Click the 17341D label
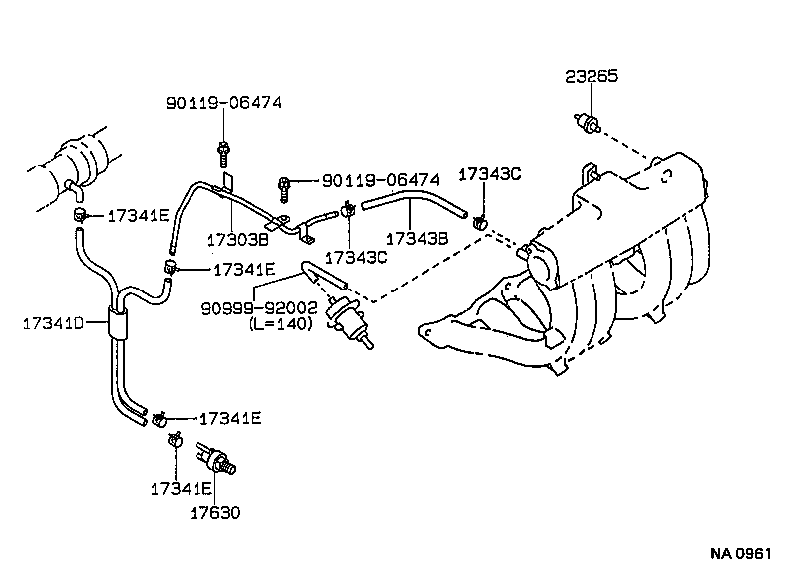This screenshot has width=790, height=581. pos(55,321)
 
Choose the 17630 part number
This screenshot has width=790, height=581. pos(216,514)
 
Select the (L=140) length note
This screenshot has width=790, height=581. pos(281,324)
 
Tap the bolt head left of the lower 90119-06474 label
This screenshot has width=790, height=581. pos(287,183)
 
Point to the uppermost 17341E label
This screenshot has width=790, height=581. pos(139,214)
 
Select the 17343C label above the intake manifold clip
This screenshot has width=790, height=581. pos(489,174)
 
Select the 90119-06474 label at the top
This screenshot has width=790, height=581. pos(224,101)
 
